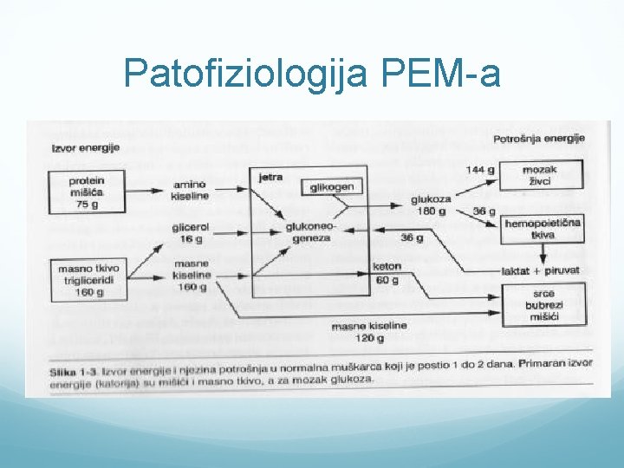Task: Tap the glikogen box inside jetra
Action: pyautogui.click(x=333, y=187)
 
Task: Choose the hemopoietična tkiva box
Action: pyautogui.click(x=543, y=228)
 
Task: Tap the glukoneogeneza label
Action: pyautogui.click(x=309, y=231)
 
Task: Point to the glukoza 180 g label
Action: pyautogui.click(x=430, y=205)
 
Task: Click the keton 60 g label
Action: pyautogui.click(x=387, y=274)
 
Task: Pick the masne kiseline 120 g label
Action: pyautogui.click(x=369, y=330)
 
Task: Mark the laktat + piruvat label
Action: pyautogui.click(x=541, y=271)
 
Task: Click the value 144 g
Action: pyautogui.click(x=480, y=169)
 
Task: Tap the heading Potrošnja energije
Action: pyautogui.click(x=539, y=139)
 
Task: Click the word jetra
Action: pyautogui.click(x=270, y=176)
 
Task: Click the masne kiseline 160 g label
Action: pyautogui.click(x=191, y=275)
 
